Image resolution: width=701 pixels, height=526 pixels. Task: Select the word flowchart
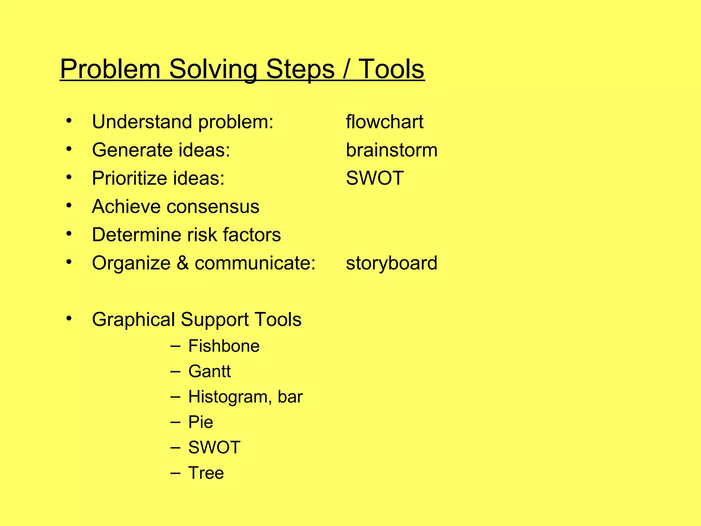pos(384,122)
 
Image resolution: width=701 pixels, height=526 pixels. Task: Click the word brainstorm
pos(392,150)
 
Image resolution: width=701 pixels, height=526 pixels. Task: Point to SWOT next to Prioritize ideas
pos(375,178)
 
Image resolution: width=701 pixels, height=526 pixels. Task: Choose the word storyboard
pos(392,263)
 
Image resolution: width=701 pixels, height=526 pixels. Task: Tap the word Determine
pos(136,235)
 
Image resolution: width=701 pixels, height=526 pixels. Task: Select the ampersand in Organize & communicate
pos(183,263)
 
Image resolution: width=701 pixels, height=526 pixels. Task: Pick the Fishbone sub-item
pos(224,346)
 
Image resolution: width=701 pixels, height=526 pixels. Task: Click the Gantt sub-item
pos(209,372)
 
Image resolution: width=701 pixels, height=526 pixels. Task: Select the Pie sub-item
pos(201,422)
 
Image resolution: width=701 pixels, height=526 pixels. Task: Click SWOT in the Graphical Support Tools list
pos(214,448)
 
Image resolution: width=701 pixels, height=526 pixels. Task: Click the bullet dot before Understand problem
pos(69,121)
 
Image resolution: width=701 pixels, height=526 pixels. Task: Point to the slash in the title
pos(346,70)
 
